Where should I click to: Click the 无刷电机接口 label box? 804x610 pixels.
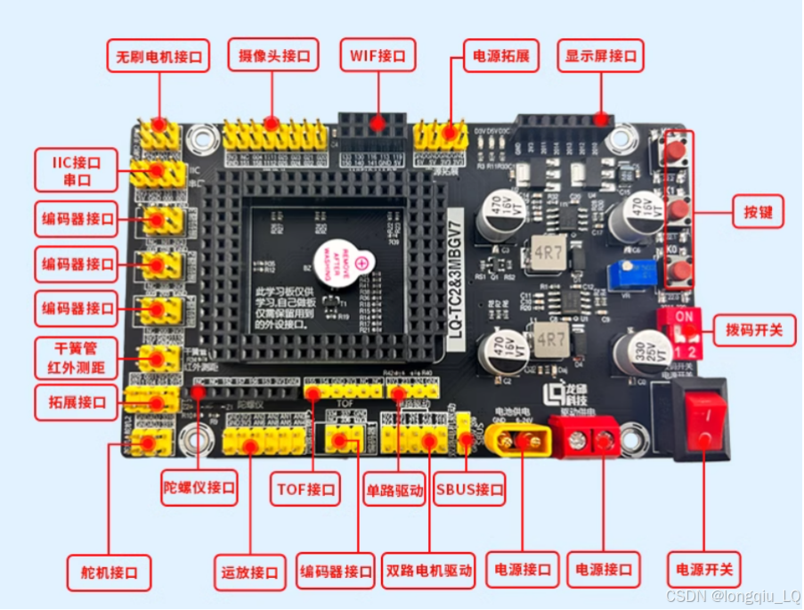pyautogui.click(x=158, y=57)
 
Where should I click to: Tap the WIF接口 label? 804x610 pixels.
pyautogui.click(x=378, y=55)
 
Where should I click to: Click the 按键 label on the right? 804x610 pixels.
pyautogui.click(x=756, y=213)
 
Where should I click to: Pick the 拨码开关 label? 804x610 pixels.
pyautogui.click(x=754, y=329)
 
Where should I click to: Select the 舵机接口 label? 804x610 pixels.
pyautogui.click(x=109, y=571)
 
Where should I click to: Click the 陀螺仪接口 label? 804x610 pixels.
pyautogui.click(x=199, y=487)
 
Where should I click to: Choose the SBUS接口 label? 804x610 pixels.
pyautogui.click(x=470, y=488)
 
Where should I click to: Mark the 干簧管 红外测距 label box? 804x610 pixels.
pyautogui.click(x=75, y=357)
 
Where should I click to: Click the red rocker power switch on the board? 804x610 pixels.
pyautogui.click(x=702, y=418)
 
